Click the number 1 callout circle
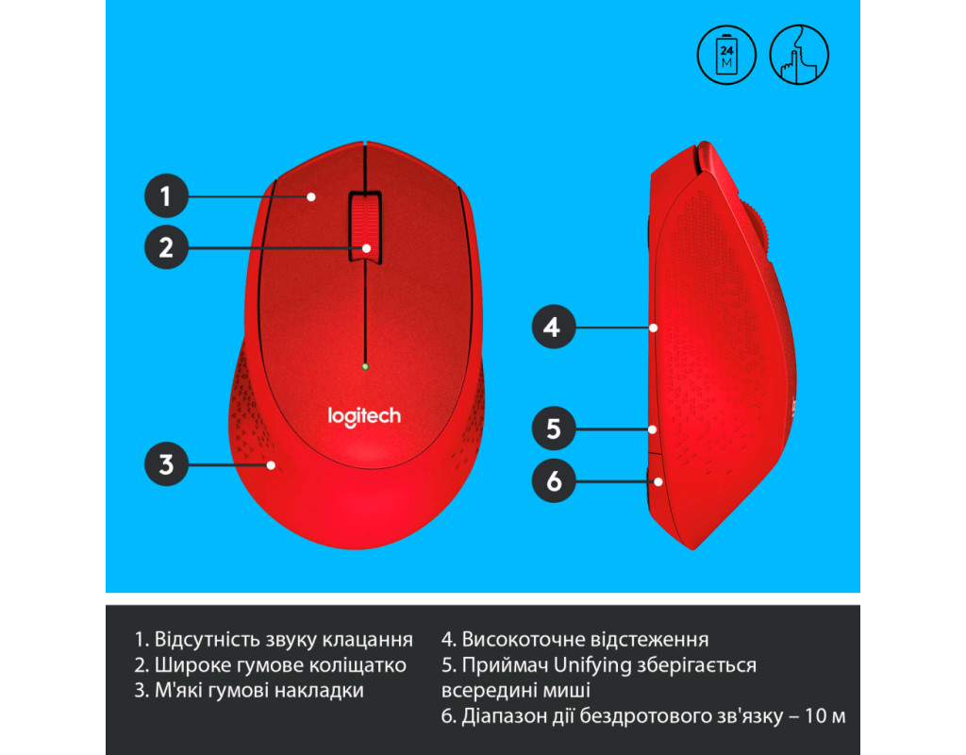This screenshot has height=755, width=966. click(x=166, y=196)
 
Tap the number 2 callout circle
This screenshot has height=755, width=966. click(x=166, y=247)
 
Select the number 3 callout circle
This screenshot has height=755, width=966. click(x=166, y=464)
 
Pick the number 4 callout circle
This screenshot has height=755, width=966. click(x=553, y=327)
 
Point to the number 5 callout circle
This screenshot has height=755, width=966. click(x=553, y=428)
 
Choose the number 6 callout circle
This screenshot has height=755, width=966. click(x=553, y=480)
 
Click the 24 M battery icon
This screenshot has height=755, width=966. click(x=726, y=55)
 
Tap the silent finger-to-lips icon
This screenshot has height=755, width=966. click(x=799, y=55)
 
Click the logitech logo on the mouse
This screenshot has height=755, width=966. click(x=364, y=416)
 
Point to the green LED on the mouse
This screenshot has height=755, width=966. click(x=365, y=367)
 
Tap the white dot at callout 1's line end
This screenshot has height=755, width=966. click(x=311, y=196)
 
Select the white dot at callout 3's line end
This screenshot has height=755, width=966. click(x=271, y=465)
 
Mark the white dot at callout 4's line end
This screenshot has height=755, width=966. click(x=653, y=327)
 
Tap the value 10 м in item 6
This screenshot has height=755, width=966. click(x=825, y=716)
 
